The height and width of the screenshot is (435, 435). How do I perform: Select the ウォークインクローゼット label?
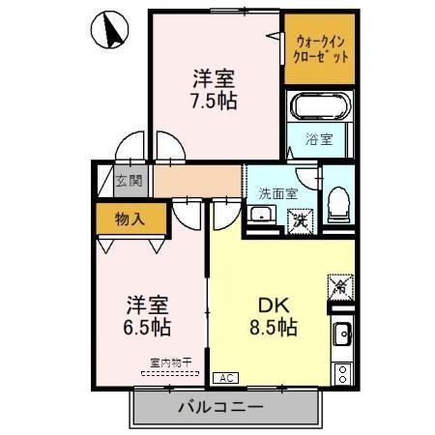pos(318,48)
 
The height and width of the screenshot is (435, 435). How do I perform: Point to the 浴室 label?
pos(320,139)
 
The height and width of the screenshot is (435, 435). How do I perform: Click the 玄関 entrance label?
pos(129,181)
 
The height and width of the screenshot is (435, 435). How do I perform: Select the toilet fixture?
pos(337,204)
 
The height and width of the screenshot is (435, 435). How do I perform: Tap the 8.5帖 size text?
pos(273,327)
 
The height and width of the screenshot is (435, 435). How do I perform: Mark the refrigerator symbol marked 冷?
pos(340,286)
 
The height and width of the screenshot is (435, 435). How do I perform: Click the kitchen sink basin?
pos(342,336)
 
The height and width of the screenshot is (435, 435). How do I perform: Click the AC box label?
pos(224,377)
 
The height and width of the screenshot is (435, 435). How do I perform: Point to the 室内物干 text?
pos(170,362)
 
